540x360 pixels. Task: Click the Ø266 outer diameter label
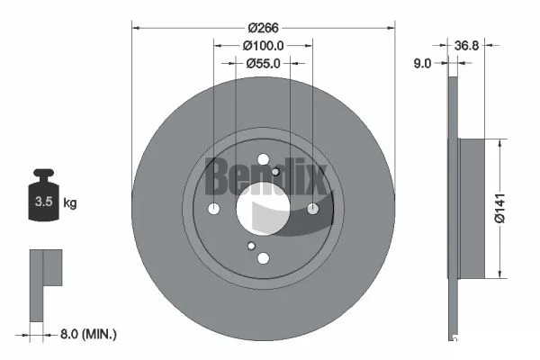pos(263,28)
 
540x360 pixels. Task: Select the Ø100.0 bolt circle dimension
pos(263,46)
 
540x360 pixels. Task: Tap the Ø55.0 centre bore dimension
pos(263,63)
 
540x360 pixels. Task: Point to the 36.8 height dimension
pos(466,46)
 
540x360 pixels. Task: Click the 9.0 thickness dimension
pos(422,63)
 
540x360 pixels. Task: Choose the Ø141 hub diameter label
pos(500,208)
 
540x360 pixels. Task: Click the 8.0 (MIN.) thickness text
pos(88,334)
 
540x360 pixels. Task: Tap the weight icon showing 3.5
pos(44,194)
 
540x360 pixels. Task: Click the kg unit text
pos(70,202)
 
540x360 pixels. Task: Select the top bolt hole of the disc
pos(264,159)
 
